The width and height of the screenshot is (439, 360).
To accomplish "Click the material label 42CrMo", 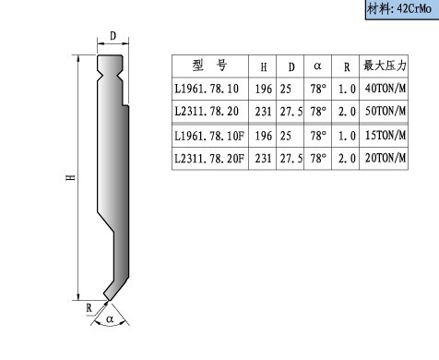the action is click(x=414, y=8).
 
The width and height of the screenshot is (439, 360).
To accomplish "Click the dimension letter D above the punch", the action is click(x=113, y=36).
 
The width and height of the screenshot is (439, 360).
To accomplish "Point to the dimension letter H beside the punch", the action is click(x=71, y=177).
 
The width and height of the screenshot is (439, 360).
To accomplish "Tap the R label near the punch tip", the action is click(x=89, y=307).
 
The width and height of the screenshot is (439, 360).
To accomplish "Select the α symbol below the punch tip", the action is click(x=110, y=318).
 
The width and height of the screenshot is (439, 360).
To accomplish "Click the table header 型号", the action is click(x=209, y=66).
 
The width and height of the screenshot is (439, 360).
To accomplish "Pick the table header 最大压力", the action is click(x=385, y=66).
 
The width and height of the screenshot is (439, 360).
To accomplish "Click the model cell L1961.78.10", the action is click(x=207, y=89).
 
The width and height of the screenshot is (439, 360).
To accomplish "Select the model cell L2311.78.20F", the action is click(x=209, y=159).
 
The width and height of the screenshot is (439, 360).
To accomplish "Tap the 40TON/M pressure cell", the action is click(x=386, y=89).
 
